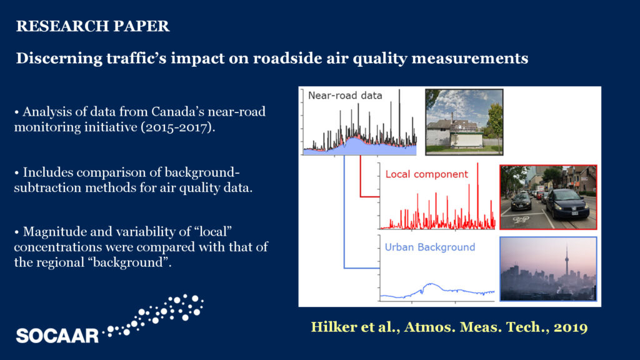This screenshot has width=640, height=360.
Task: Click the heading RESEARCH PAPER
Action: (92, 26)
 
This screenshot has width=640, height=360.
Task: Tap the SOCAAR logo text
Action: (57, 336)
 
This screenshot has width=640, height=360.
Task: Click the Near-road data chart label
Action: (345, 96)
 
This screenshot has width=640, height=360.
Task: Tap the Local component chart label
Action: (426, 174)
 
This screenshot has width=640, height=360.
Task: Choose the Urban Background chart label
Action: (430, 247)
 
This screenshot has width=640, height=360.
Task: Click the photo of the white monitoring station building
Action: (464, 122)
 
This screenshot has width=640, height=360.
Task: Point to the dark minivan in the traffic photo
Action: (568, 204)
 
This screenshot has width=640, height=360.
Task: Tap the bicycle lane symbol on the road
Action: (521, 219)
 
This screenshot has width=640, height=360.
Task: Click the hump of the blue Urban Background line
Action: (431, 284)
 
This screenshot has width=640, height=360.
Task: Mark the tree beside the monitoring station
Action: (494, 121)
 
